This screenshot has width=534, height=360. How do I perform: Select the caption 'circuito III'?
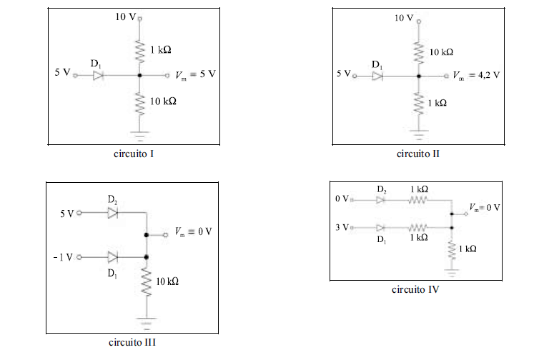[x=132, y=342]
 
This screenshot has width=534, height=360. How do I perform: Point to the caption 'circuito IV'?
[x=415, y=289]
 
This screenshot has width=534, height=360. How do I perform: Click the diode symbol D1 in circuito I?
[x=99, y=74]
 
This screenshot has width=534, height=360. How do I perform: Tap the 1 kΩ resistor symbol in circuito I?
[x=139, y=50]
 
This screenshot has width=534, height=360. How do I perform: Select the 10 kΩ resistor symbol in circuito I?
[x=139, y=103]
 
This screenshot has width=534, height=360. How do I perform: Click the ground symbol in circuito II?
[x=420, y=132]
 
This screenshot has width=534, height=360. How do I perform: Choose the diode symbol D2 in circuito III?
[x=112, y=212]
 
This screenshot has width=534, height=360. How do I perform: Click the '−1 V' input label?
[x=63, y=257]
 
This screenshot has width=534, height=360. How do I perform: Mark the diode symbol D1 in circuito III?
[x=112, y=256]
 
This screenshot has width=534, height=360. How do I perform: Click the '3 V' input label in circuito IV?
[x=342, y=227]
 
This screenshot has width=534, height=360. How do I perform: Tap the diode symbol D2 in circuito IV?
[x=380, y=200]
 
